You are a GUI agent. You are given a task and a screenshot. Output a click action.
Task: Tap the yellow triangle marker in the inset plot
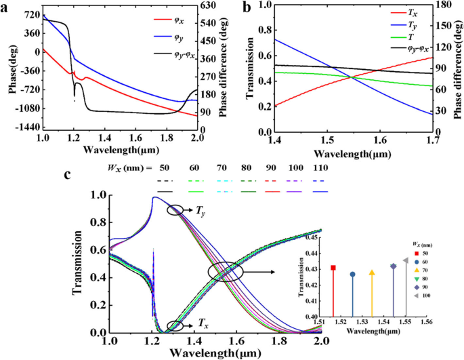371,273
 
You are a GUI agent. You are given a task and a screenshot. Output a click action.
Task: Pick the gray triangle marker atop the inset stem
405,260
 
